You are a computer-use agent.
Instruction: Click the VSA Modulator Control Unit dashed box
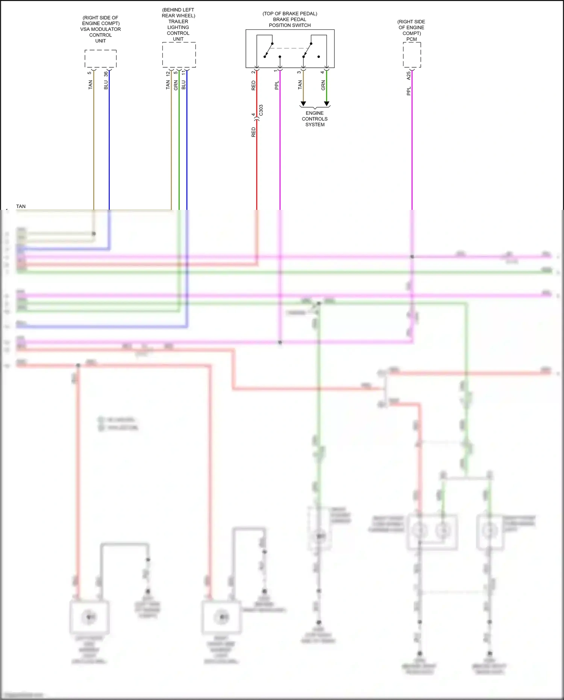tap(100, 58)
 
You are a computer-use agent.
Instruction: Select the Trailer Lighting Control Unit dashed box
tap(179, 55)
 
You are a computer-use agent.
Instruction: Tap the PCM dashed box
tap(412, 55)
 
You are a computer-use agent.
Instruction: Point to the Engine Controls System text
tap(315, 119)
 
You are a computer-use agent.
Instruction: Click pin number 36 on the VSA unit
tap(106, 74)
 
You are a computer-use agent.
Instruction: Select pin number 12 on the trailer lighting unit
tap(168, 74)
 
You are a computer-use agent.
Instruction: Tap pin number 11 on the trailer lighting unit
tap(183, 73)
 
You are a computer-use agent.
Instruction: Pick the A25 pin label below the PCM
tap(409, 76)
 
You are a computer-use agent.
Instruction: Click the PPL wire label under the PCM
tap(409, 91)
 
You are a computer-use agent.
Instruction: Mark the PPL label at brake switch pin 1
tap(277, 85)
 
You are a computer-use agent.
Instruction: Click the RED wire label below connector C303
tap(253, 132)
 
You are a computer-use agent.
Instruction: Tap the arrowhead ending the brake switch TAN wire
tap(303, 103)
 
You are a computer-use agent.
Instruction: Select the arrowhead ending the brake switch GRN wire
tap(326, 103)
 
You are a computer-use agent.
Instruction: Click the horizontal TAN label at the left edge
tap(21, 207)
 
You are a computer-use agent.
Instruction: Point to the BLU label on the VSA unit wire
tap(106, 85)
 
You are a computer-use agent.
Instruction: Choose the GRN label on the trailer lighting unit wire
tap(176, 85)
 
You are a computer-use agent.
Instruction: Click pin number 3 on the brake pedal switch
tap(299, 72)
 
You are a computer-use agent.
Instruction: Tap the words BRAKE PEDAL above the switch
tap(290, 20)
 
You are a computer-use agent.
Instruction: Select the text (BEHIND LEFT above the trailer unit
tap(178, 10)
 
